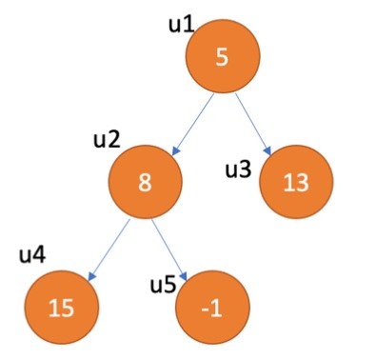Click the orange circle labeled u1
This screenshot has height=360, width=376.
coord(222,56)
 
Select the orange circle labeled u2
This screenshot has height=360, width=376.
coord(145,181)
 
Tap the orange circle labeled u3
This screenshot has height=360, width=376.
coord(294,182)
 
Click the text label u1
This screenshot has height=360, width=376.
coord(180,22)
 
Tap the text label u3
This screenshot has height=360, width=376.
coord(238,170)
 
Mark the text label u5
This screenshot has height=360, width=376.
coord(164,285)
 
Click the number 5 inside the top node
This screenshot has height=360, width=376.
coord(222,57)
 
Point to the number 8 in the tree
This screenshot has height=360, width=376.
coord(145,182)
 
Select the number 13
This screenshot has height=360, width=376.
coord(294,183)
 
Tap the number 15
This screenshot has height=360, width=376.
coord(61,308)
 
